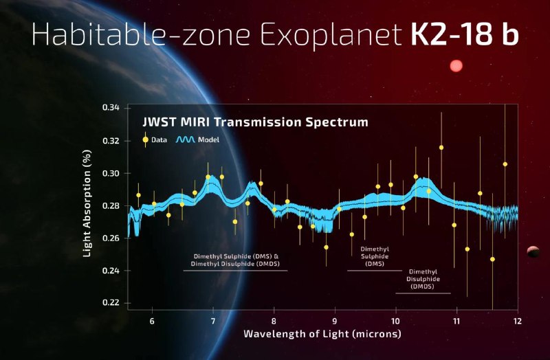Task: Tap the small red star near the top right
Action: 456,66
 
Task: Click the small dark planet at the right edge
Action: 533,252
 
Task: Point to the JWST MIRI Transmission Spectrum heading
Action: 254,122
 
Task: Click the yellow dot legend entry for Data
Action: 146,139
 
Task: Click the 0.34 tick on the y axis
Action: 111,109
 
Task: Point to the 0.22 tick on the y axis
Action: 111,303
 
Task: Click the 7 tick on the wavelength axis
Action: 213,321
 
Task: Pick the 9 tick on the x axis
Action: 335,321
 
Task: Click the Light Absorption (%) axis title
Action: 87,206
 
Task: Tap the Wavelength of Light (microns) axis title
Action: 322,335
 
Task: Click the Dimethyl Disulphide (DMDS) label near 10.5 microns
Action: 423,279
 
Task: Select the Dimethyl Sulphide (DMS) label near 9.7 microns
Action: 375,256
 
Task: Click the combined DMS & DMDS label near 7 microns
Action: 235,260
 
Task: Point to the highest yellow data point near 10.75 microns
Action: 441,148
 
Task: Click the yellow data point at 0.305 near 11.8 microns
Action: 505,164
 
